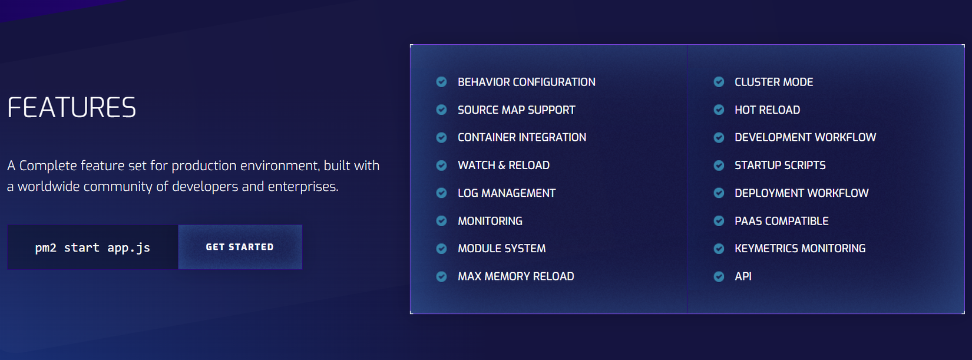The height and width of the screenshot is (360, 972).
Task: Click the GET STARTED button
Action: coord(240,247)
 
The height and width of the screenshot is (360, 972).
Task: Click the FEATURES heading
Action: coord(72,107)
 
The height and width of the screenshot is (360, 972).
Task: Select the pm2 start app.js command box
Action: coord(92,247)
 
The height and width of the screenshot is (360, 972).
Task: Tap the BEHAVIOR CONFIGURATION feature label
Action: coord(527,82)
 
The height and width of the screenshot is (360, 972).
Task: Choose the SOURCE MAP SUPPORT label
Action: coord(517,110)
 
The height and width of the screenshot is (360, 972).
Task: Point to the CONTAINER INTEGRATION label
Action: coord(522,138)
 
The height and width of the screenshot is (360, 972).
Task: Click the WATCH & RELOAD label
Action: coord(504,166)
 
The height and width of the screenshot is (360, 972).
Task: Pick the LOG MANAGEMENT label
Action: coord(507,193)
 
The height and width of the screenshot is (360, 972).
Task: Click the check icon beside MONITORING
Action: coord(441,221)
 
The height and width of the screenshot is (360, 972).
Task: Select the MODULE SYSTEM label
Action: coord(502,249)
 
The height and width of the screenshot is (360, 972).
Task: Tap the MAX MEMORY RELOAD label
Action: coord(516,276)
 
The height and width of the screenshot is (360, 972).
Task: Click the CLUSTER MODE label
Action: coord(773,82)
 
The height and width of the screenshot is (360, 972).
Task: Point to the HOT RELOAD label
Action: coord(767,110)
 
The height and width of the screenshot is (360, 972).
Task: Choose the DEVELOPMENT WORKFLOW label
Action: coord(805,138)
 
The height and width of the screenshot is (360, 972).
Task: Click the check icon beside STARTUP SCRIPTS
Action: coord(719,166)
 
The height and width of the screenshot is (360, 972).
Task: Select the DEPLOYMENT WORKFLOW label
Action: coord(802,193)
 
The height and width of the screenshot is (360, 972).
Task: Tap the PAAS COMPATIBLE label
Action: coord(782,221)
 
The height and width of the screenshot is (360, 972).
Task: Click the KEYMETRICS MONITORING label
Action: coord(800,249)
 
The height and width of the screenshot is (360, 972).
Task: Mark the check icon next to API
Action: coord(719,276)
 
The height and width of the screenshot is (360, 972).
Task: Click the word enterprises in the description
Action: coord(302,187)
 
